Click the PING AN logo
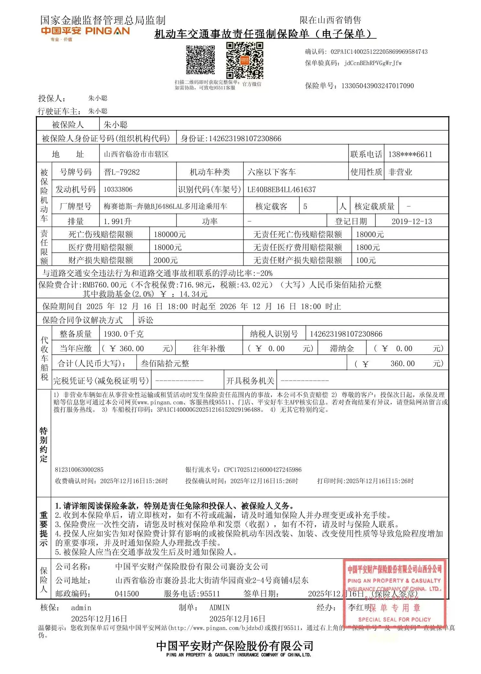click(85, 31)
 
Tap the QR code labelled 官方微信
click(244, 61)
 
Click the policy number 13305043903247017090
click(377, 86)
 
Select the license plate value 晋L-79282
click(122, 172)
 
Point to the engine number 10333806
click(118, 189)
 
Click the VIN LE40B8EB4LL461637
click(281, 189)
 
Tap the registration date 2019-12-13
click(411, 221)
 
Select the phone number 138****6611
click(410, 154)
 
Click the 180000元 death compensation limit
click(169, 234)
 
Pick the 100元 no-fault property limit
click(366, 260)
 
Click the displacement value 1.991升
click(117, 221)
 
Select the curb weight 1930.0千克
click(123, 334)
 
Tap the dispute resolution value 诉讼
click(145, 320)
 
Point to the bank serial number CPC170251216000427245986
click(262, 469)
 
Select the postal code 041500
click(127, 594)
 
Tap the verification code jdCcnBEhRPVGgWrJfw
click(373, 63)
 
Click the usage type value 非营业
click(400, 172)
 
